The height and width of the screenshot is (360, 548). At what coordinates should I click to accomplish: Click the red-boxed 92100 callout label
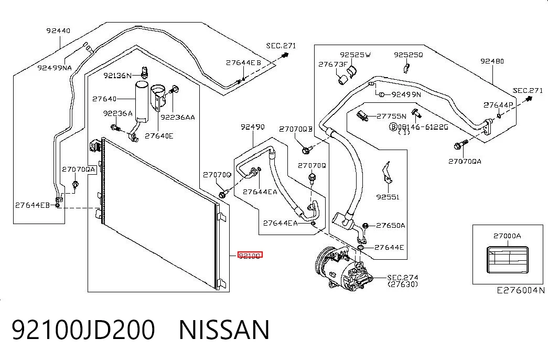[x=250, y=256]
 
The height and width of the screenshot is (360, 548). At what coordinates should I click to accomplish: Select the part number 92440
[x=58, y=31]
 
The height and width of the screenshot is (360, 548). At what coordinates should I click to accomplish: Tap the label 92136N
[x=117, y=76]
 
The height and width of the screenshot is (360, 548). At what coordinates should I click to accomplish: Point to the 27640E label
[x=159, y=136]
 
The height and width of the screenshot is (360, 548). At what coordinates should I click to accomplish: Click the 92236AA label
[x=178, y=117]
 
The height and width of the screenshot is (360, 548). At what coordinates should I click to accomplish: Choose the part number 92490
[x=253, y=126]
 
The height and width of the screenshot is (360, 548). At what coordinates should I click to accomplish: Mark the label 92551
[x=388, y=197]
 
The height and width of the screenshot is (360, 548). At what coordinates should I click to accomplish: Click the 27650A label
[x=390, y=226]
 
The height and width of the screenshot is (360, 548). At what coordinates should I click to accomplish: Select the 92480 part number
[x=492, y=61]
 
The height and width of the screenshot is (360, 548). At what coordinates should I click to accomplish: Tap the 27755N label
[x=391, y=116]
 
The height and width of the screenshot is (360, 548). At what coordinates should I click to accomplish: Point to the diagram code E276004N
[x=521, y=290]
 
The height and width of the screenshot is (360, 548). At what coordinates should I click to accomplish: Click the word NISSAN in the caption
[x=224, y=330]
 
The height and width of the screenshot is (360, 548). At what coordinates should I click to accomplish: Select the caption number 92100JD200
[x=83, y=330]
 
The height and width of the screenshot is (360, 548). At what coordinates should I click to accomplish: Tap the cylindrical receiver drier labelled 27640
[x=142, y=100]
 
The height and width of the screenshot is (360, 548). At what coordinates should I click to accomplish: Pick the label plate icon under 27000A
[x=507, y=260]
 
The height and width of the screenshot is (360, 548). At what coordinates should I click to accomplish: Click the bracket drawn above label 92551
[x=387, y=174]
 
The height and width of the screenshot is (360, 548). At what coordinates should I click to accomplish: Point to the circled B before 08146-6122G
[x=393, y=126]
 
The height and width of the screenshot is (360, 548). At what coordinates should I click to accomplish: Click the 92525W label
[x=355, y=55]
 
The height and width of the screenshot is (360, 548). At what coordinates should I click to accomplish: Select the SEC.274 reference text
[x=403, y=278]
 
